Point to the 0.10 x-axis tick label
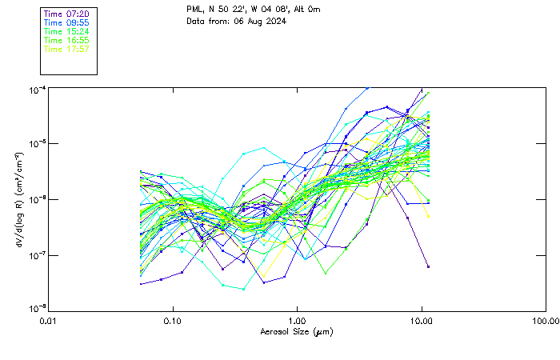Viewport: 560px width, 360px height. click(x=174, y=322)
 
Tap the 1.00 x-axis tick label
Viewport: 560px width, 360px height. click(x=298, y=322)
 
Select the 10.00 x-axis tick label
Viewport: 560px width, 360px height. click(x=422, y=322)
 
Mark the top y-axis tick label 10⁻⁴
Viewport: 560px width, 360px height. click(x=38, y=89)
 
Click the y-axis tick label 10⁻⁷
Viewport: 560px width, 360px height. click(x=38, y=255)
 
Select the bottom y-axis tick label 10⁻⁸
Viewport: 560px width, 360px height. click(x=38, y=309)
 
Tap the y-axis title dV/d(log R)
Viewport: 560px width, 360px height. click(x=18, y=199)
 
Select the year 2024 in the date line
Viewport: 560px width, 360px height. click(x=274, y=22)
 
